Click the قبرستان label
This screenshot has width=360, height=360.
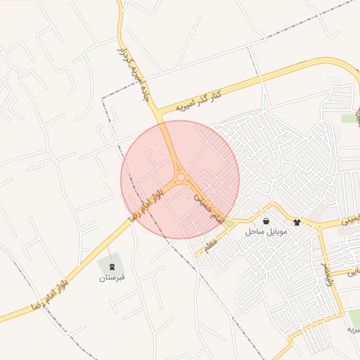pyautogui.click(x=111, y=277)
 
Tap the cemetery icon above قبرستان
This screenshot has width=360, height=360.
pyautogui.click(x=111, y=265)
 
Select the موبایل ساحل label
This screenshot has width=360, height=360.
pyautogui.click(x=264, y=231)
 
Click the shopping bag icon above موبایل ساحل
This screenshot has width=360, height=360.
pyautogui.click(x=265, y=221)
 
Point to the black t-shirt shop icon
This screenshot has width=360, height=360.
pyautogui.click(x=297, y=221)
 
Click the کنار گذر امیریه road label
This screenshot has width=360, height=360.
pyautogui.click(x=198, y=101)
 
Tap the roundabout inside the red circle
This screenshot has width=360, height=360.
pyautogui.click(x=181, y=178)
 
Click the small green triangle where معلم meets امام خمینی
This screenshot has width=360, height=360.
pyautogui.click(x=229, y=223)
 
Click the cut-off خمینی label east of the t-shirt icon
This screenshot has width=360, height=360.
pyautogui.click(x=350, y=220)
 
